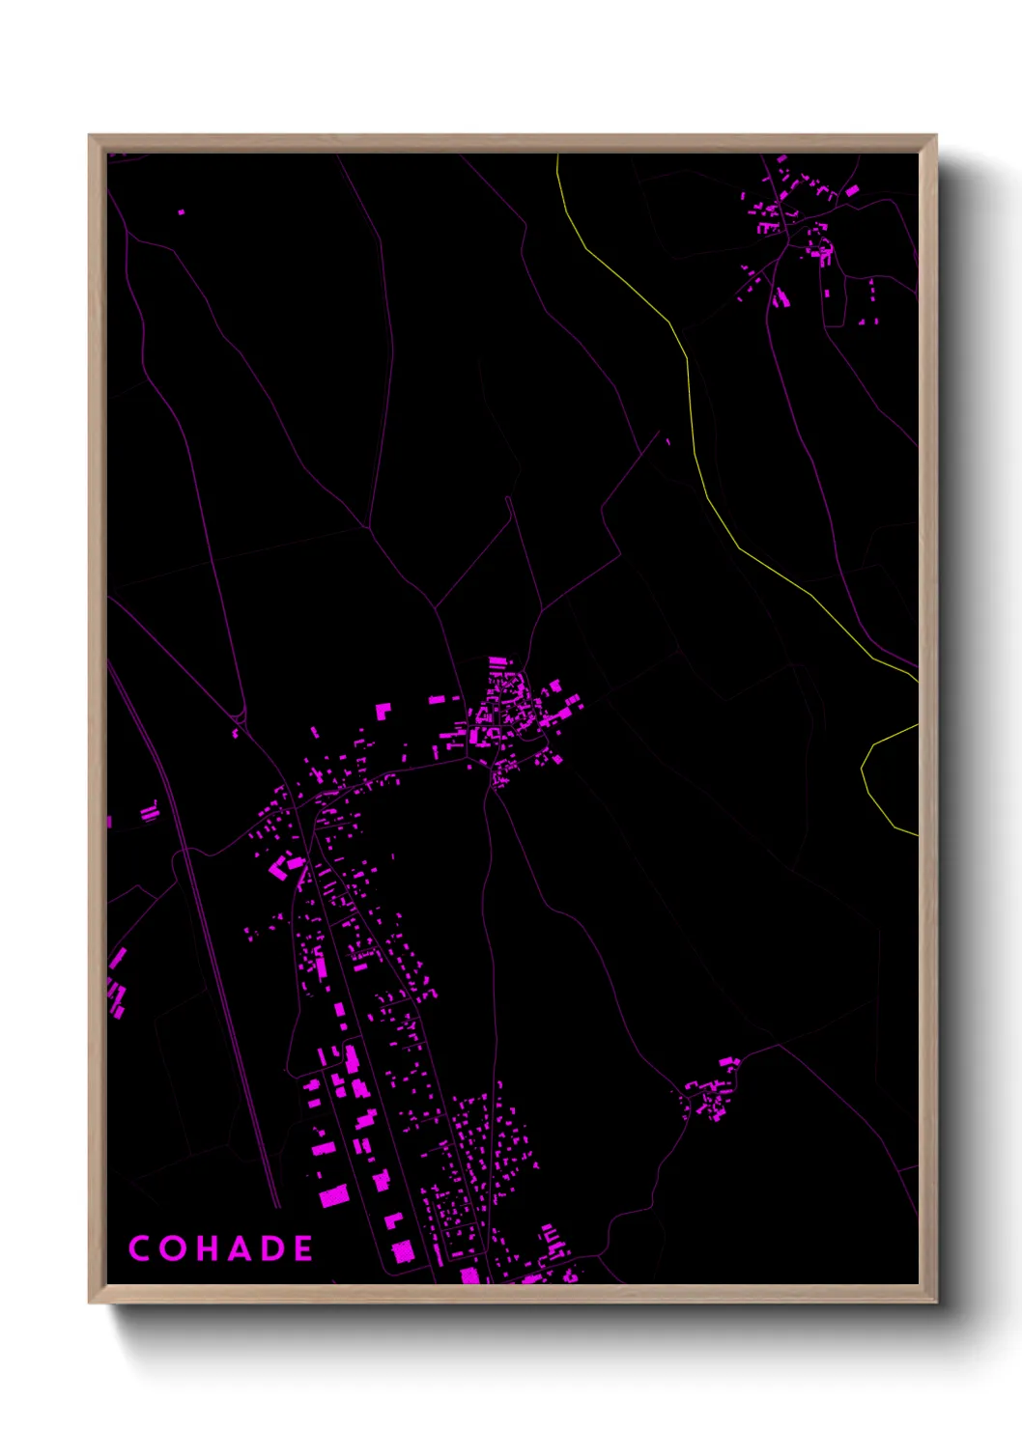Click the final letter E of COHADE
pyautogui.click(x=303, y=1248)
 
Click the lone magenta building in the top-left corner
pyautogui.click(x=181, y=211)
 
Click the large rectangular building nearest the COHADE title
pyautogui.click(x=332, y=1197)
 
